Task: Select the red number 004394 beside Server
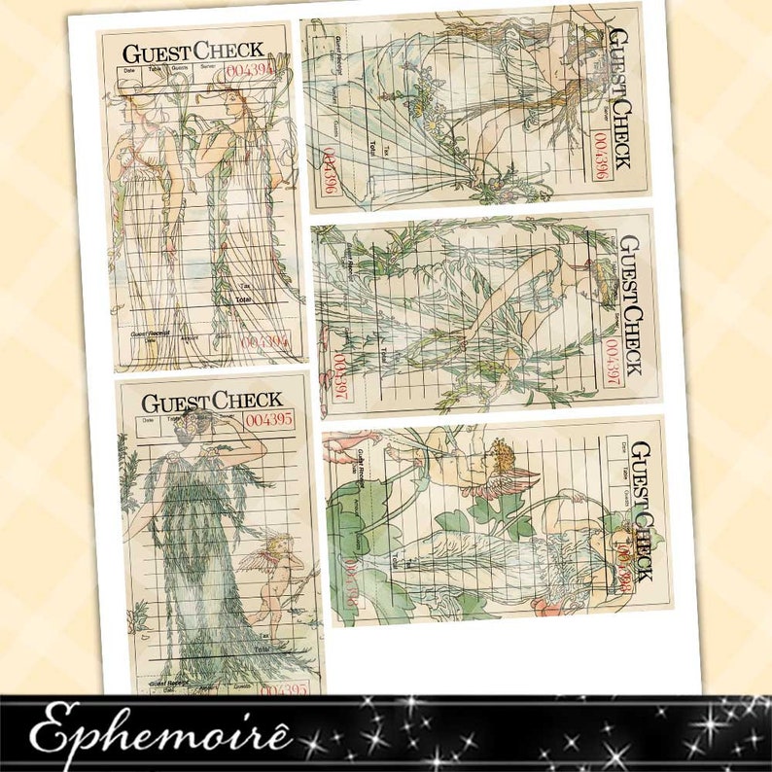click(x=250, y=71)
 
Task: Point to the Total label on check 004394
click(x=243, y=301)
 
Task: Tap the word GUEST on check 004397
click(x=631, y=260)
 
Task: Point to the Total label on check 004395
click(x=261, y=648)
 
